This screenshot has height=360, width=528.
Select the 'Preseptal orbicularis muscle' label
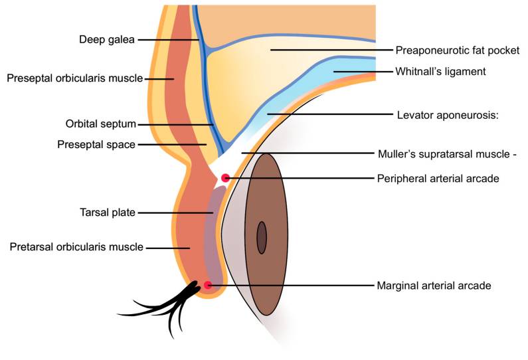coord(74,78)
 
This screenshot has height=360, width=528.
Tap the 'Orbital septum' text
coord(100,124)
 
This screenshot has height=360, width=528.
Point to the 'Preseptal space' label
coord(96,143)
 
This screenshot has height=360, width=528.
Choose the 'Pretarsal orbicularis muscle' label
coord(76,247)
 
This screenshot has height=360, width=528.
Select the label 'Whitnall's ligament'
coord(441,71)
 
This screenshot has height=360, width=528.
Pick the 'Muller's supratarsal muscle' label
coord(446,153)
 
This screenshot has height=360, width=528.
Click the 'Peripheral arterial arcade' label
coord(438,178)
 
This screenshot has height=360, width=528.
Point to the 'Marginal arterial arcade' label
coord(434,286)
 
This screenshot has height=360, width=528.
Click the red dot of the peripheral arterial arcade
coord(226,178)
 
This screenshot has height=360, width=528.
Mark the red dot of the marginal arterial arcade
coord(208,286)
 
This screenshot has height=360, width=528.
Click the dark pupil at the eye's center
coord(262,237)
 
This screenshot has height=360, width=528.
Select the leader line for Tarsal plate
coord(175,213)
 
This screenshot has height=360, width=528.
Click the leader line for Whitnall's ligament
coord(361,71)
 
